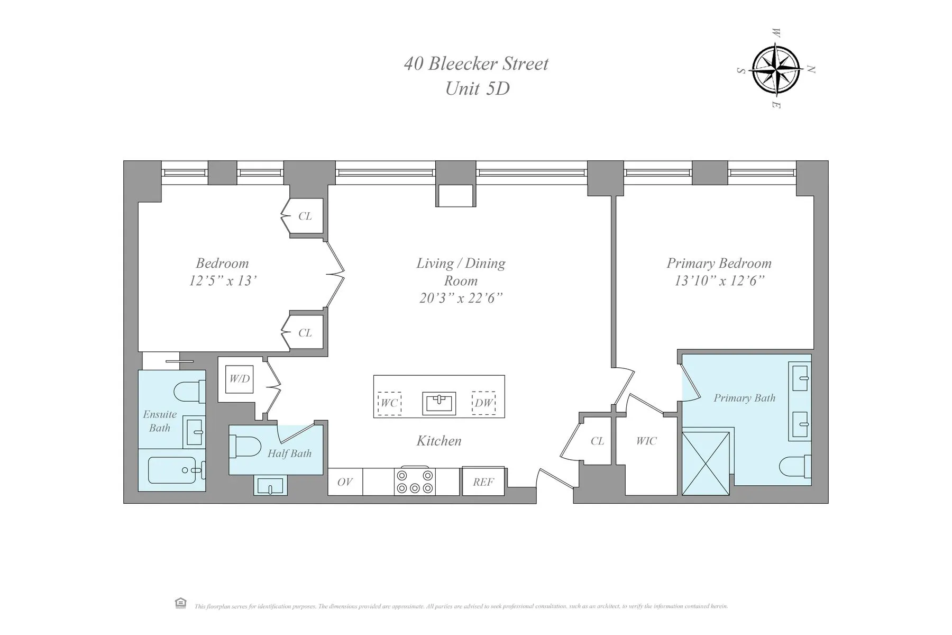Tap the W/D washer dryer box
[x=239, y=379]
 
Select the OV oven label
[x=345, y=482]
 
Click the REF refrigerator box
[x=483, y=482]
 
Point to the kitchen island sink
[x=439, y=403]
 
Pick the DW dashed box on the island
[x=483, y=403]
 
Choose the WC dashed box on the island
[x=389, y=403]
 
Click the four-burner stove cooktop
[x=415, y=481]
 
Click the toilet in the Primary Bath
[x=794, y=467]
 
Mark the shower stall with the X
[x=706, y=463]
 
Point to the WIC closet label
[x=646, y=441]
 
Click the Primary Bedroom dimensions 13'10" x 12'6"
[x=719, y=280]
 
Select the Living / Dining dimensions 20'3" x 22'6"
[x=461, y=298]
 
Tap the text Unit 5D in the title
[x=477, y=88]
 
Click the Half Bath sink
[x=270, y=485]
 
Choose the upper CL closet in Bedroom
[x=305, y=216]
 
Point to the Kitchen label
[x=439, y=440]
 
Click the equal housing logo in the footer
[x=180, y=603]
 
